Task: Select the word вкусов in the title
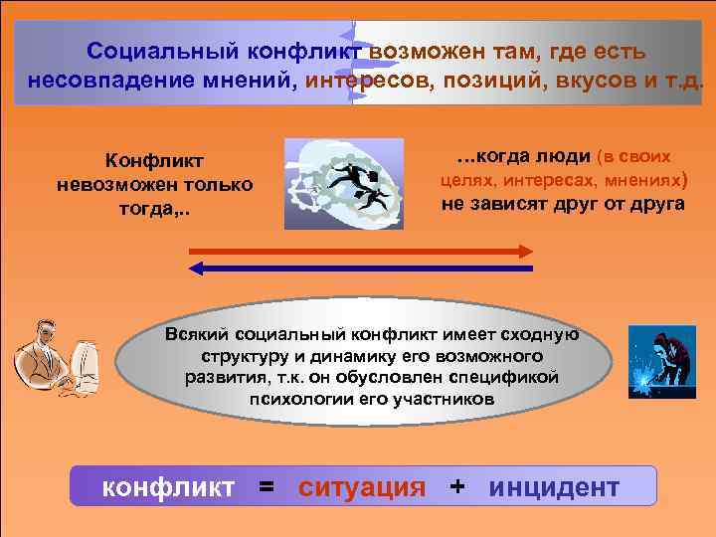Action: coord(583,79)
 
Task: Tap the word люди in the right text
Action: coord(564,157)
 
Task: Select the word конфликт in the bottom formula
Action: coord(169,487)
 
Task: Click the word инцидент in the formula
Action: coord(554,487)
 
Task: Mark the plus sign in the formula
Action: coord(456,486)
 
